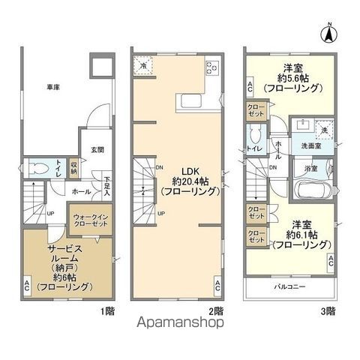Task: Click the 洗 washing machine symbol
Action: (325, 128)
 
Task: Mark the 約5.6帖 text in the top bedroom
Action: (297, 77)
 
